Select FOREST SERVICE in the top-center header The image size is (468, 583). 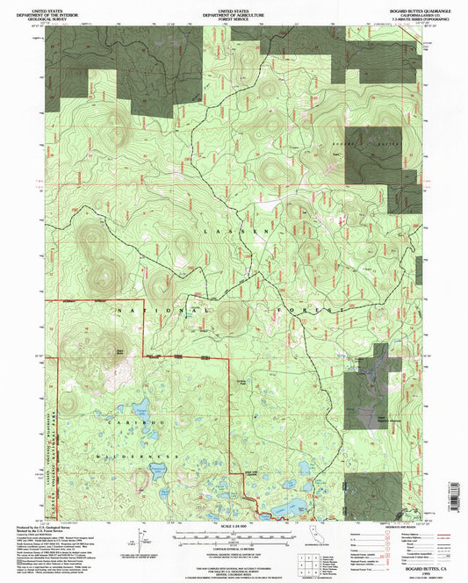click(x=234, y=17)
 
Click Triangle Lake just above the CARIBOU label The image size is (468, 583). click(x=139, y=408)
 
